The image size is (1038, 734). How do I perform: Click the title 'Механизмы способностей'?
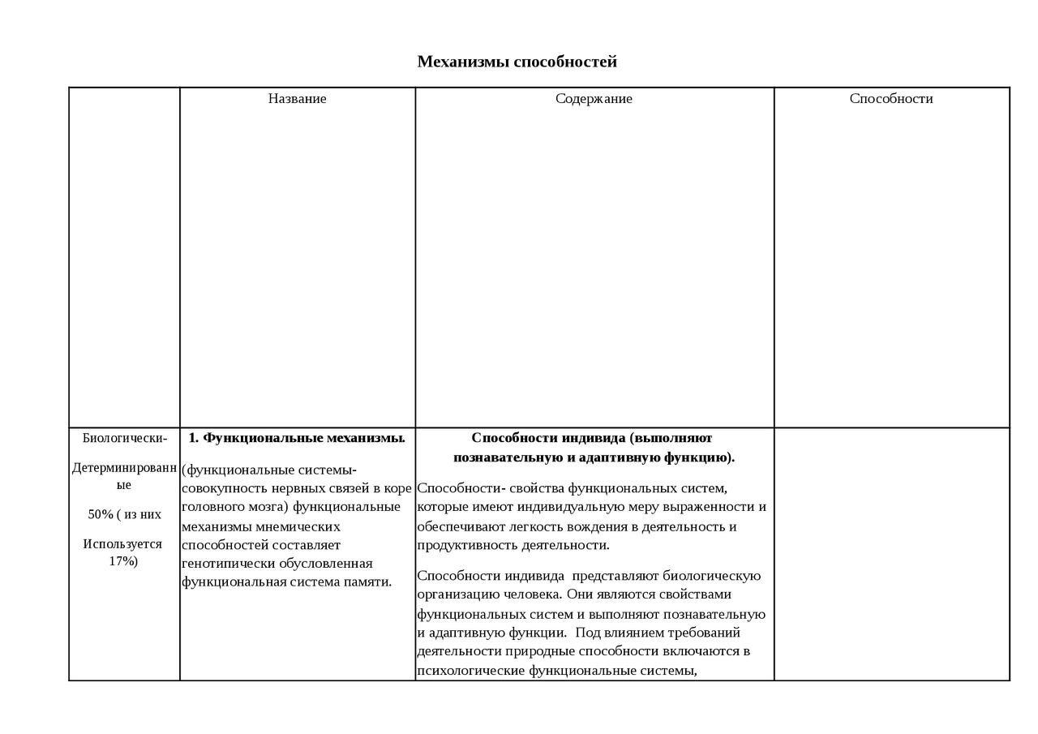click(x=517, y=62)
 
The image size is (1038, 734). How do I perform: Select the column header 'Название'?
click(x=297, y=99)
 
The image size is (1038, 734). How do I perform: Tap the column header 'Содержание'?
click(x=594, y=99)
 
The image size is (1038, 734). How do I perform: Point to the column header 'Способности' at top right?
click(x=891, y=99)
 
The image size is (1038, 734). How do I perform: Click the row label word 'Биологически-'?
click(x=125, y=439)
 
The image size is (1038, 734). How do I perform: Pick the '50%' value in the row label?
click(x=101, y=515)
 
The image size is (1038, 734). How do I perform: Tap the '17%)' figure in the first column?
click(x=123, y=561)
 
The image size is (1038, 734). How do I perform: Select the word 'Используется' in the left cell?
click(x=122, y=544)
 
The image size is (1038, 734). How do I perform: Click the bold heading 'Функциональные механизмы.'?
click(x=303, y=438)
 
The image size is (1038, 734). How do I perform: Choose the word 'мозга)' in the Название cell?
click(x=259, y=507)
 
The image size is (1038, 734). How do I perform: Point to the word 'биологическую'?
click(x=712, y=576)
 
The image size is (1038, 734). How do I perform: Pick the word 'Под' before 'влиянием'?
click(x=591, y=633)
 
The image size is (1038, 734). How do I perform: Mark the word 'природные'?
click(x=527, y=651)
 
